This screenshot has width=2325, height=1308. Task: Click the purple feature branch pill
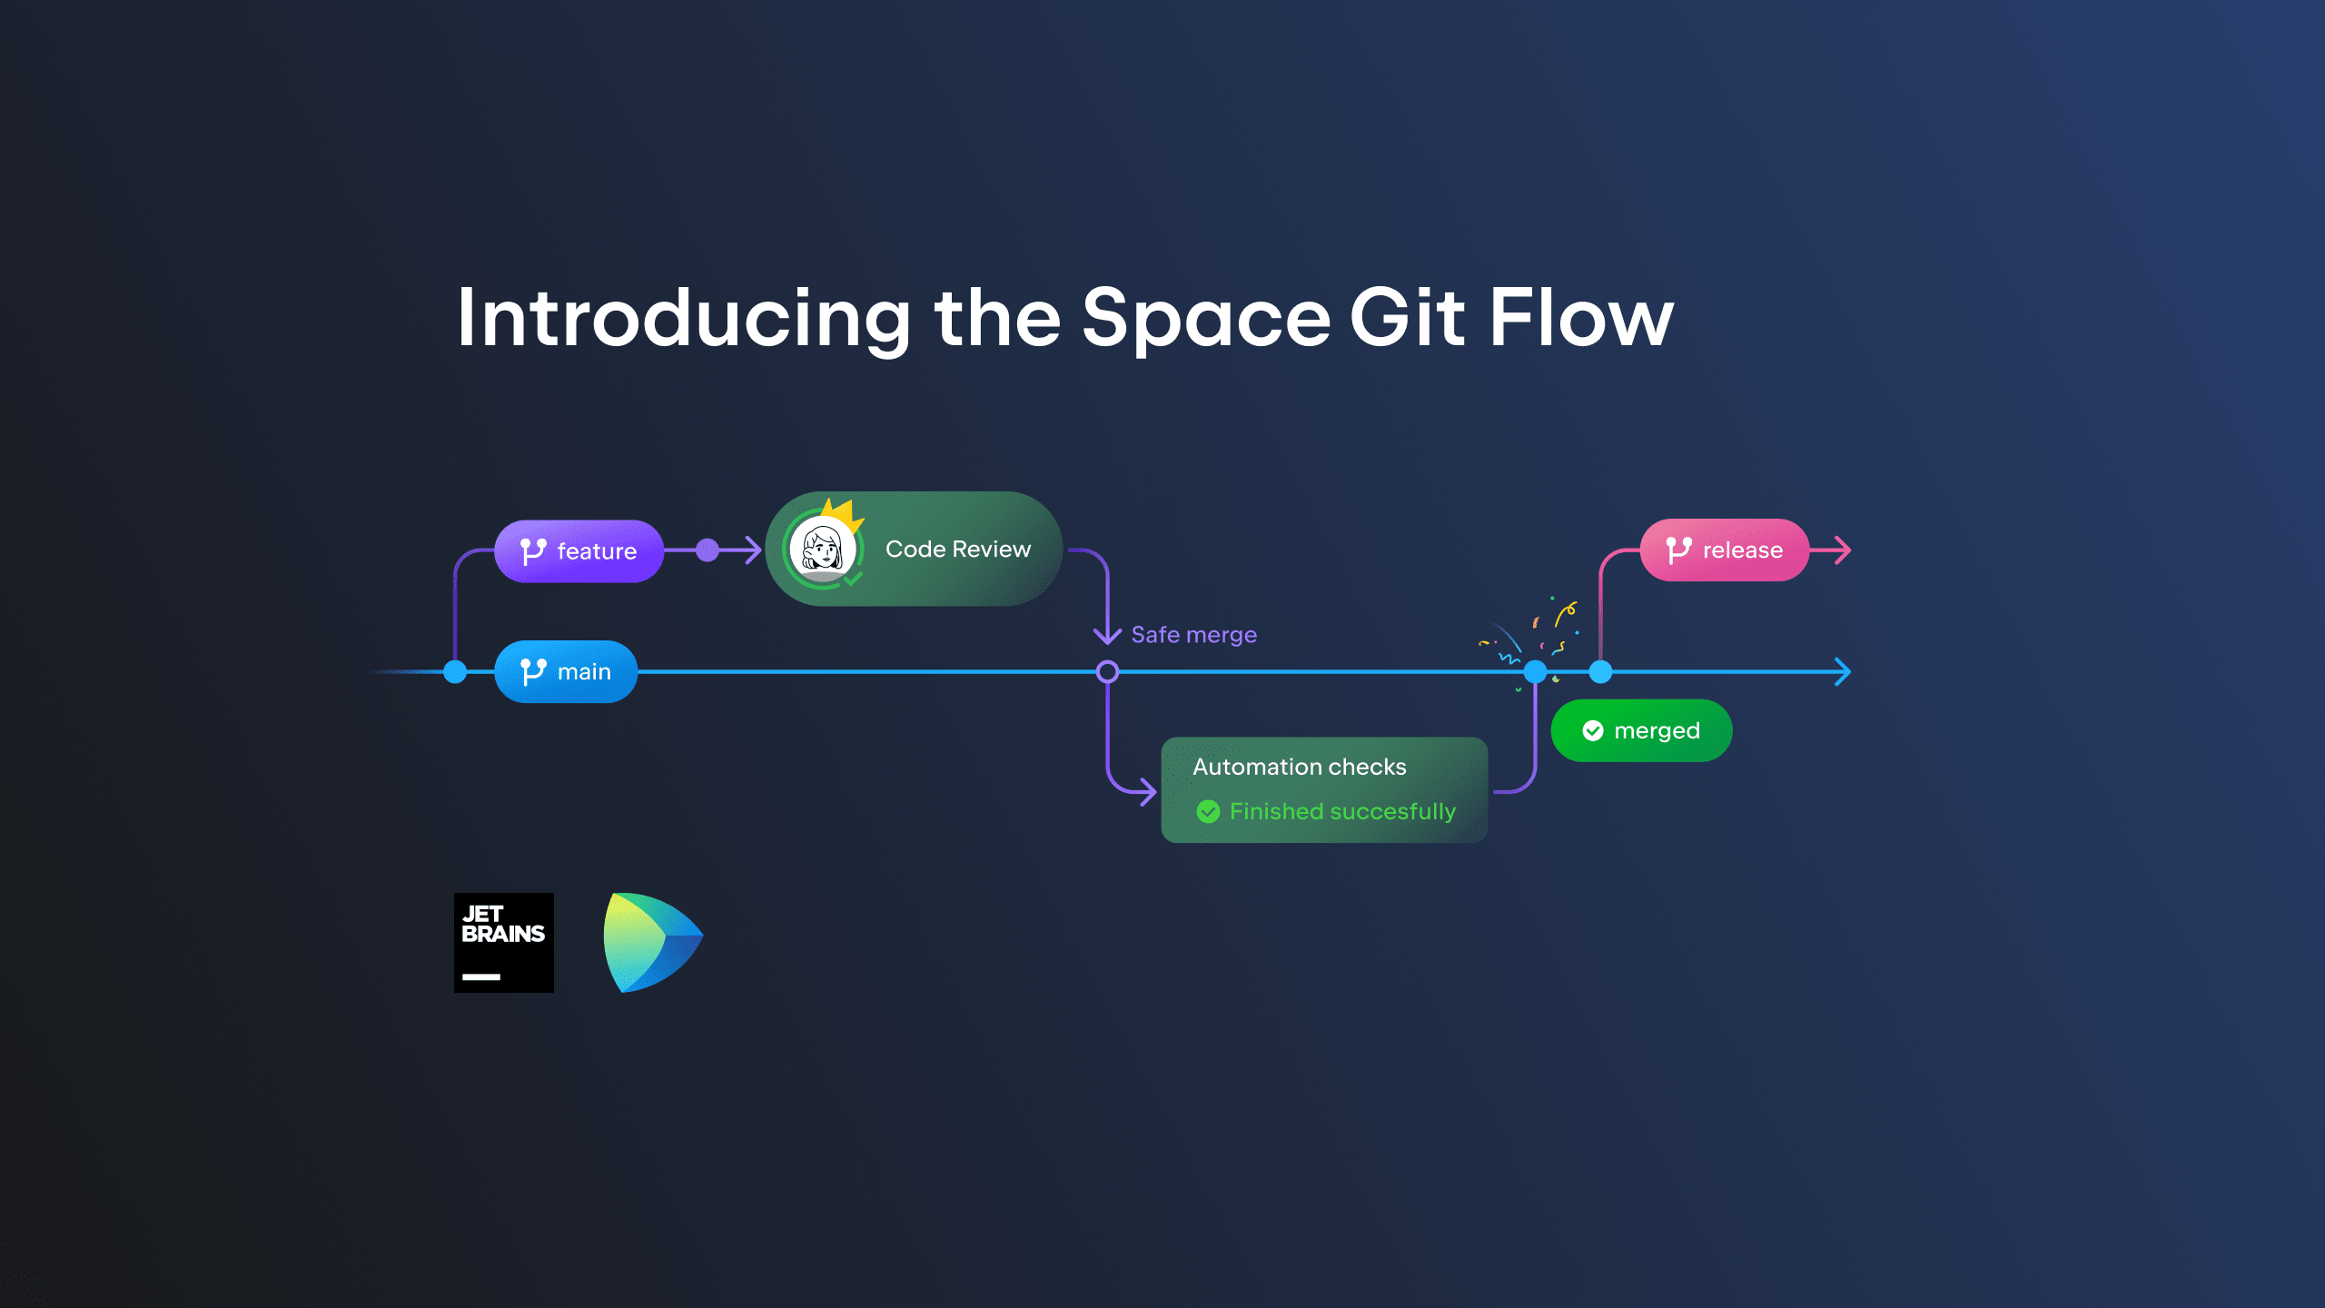pos(579,550)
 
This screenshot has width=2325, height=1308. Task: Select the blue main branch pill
pos(566,671)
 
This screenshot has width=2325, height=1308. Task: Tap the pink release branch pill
pos(1725,550)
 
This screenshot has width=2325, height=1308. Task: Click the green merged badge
pos(1642,730)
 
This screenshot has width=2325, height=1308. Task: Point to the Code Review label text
pos(958,549)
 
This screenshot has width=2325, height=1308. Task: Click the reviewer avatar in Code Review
pos(823,549)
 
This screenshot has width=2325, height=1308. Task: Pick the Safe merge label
pos(1194,634)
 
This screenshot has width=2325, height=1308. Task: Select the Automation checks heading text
pos(1300,767)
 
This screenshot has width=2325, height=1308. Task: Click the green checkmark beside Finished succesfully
pos(1208,811)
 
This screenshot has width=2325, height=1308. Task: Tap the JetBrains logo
pos(504,943)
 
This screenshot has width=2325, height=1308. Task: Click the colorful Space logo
pos(653,943)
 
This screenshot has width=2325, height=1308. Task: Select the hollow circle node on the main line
pos(1107,671)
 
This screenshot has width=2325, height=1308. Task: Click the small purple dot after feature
pos(707,550)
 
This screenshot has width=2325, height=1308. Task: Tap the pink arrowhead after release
pos(1843,550)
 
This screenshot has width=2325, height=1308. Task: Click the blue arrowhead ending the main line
pos(1843,672)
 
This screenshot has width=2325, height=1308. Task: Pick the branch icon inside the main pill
pos(533,672)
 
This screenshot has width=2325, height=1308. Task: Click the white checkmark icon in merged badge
pos(1593,730)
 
